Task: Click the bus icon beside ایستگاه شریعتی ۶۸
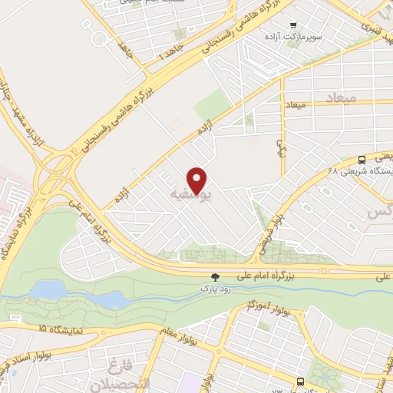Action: [x=362, y=159]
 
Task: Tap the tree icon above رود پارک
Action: [x=216, y=277]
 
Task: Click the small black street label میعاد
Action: [x=296, y=104]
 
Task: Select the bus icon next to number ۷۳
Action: [x=300, y=381]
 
